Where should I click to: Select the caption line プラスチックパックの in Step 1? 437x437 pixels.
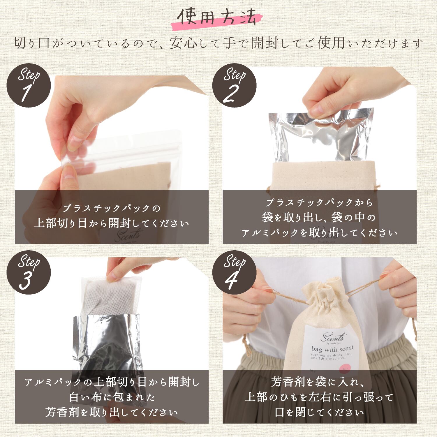tap(112, 208)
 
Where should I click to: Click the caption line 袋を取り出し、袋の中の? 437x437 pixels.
tap(319, 217)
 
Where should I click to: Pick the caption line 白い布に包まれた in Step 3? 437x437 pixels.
tap(112, 397)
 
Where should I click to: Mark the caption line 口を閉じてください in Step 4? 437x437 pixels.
tap(319, 412)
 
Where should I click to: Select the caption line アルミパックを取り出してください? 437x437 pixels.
tap(319, 233)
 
